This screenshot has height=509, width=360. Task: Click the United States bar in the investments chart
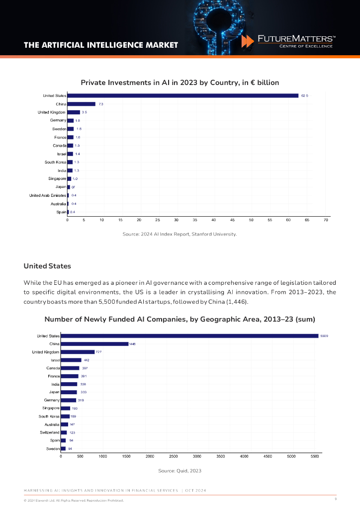[182, 95]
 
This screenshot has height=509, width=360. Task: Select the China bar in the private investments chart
[81, 104]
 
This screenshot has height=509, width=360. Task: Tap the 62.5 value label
[304, 95]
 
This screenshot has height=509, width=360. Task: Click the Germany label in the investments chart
[58, 120]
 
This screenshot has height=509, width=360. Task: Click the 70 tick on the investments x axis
[326, 219]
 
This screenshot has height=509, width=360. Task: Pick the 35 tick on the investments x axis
[176, 219]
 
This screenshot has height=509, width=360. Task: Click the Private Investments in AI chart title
[180, 83]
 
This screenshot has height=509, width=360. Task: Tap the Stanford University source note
[180, 234]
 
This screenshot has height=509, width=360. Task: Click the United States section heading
[47, 266]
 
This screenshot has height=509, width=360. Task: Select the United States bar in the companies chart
[189, 336]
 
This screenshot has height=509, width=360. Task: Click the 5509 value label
[324, 336]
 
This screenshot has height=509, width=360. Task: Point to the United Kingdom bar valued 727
[78, 352]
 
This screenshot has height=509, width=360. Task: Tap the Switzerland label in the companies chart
[50, 432]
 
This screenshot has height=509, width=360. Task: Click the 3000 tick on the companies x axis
[196, 456]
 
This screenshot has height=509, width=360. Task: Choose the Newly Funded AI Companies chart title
[180, 319]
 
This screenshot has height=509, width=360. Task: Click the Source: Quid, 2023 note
[180, 470]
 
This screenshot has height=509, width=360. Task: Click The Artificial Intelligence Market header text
[101, 45]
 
